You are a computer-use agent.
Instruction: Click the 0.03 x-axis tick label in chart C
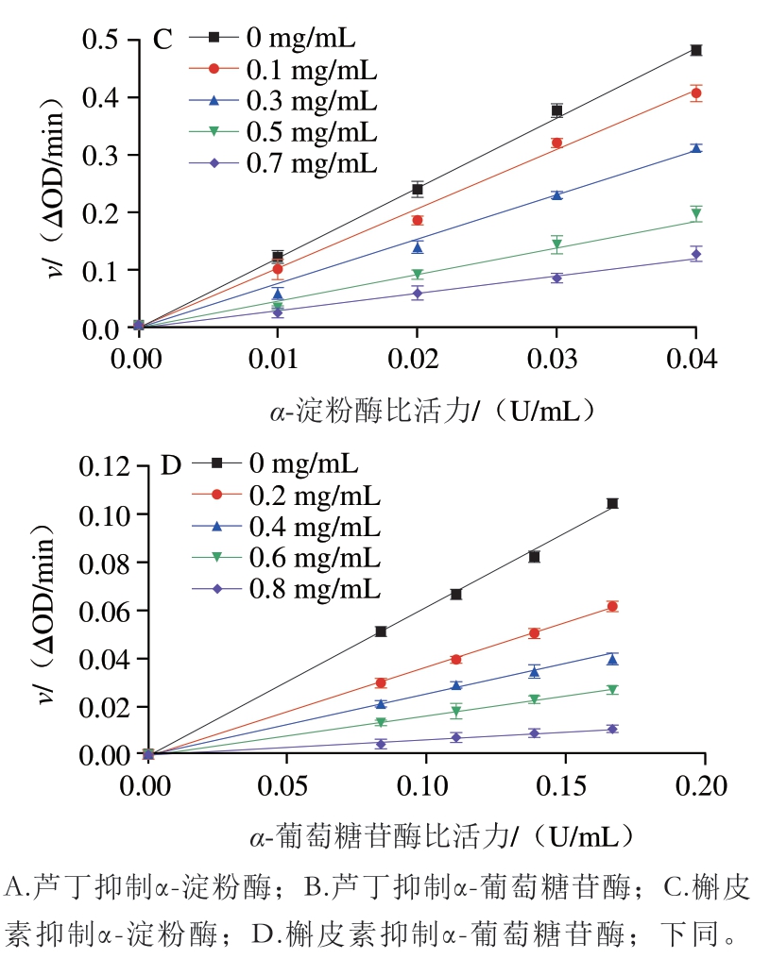[556, 360]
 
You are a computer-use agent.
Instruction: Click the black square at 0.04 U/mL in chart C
[696, 50]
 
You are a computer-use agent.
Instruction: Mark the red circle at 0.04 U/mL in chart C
[696, 93]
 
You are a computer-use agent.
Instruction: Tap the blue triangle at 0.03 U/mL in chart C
[556, 195]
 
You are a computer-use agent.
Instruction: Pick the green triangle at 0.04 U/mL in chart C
[696, 214]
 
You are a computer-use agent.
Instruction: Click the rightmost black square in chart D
[612, 504]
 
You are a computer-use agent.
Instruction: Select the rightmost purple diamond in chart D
[612, 729]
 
